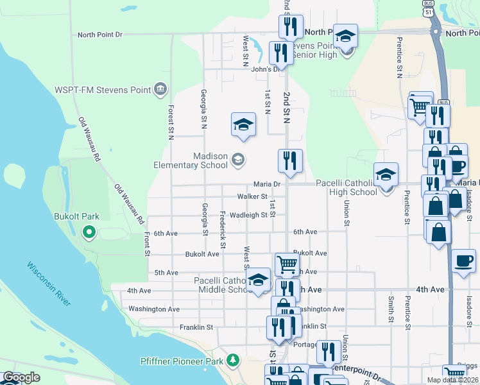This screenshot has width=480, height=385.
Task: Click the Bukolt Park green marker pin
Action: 89,232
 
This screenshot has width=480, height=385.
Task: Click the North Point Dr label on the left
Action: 99,35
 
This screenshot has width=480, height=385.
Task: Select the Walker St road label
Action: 252,196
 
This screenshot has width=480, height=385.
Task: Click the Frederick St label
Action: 223,230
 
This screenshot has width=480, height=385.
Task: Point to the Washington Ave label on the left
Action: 154,309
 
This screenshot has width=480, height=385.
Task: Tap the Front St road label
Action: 147,244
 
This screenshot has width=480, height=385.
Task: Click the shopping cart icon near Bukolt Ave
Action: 287,263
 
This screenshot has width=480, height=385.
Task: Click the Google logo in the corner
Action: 21,378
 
